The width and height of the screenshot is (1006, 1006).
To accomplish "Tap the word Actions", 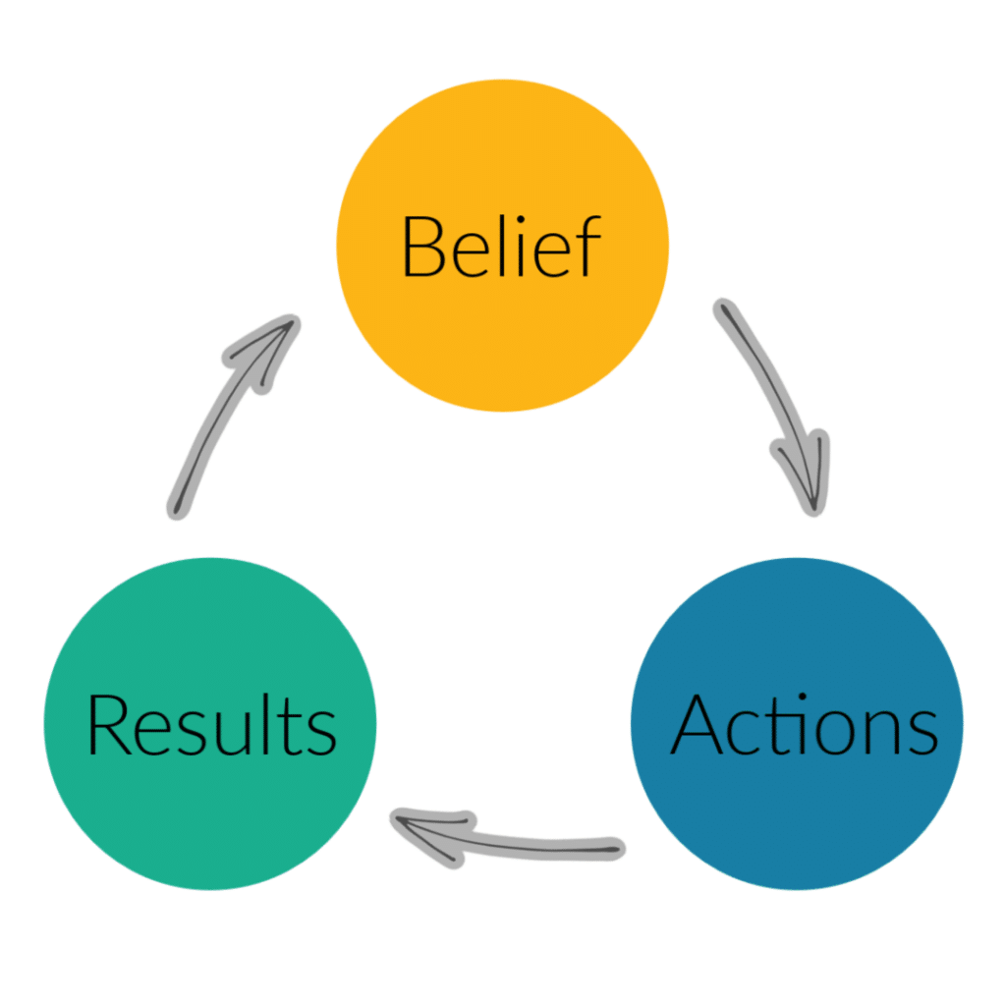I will click(x=804, y=725).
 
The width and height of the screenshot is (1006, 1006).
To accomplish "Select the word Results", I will click(x=211, y=725).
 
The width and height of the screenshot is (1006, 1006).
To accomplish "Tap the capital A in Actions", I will click(x=699, y=725).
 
